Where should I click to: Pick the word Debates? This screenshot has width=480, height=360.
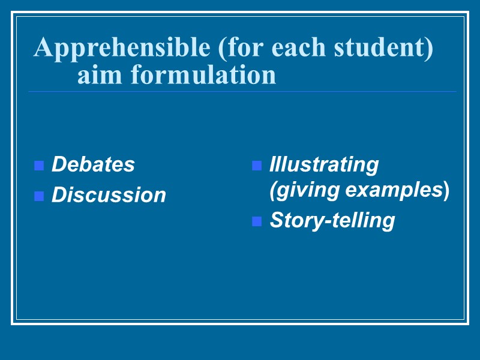[x=93, y=164]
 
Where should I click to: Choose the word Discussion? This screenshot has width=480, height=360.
[x=109, y=195]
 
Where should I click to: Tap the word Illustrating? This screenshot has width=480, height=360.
[x=324, y=164]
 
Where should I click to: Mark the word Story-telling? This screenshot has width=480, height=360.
[x=332, y=220]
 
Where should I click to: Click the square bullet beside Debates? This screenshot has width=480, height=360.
[x=39, y=166]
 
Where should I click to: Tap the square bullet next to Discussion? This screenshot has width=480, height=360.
[x=39, y=196]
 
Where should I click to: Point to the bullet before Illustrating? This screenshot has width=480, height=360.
[x=257, y=166]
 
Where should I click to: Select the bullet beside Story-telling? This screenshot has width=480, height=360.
[x=257, y=221]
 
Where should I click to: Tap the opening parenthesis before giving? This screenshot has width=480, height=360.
[x=273, y=191]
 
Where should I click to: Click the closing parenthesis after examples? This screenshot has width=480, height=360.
[x=446, y=191]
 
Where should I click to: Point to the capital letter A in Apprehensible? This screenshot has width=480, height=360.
[x=43, y=48]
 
